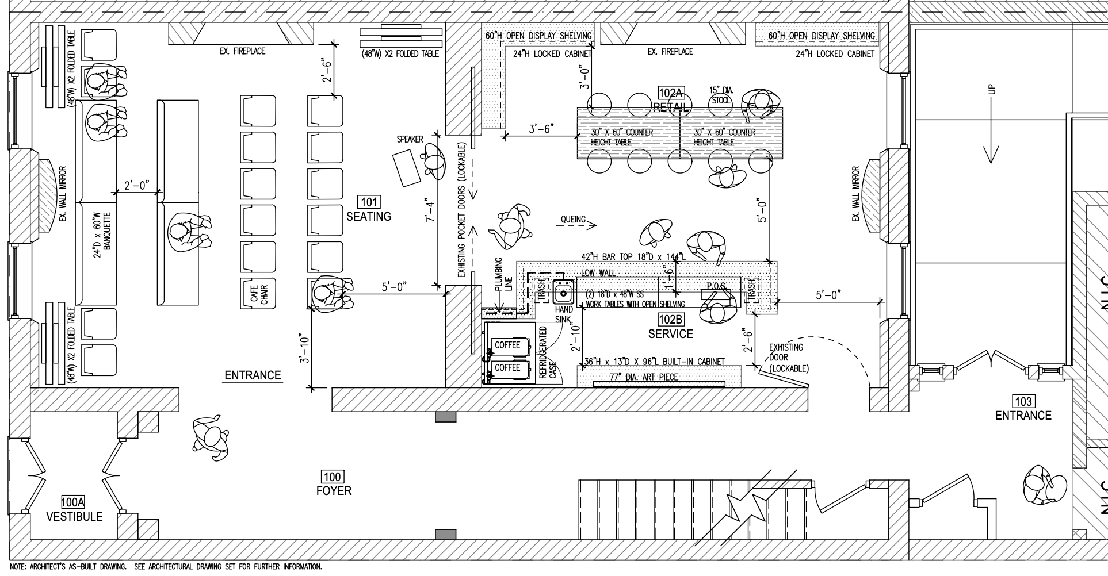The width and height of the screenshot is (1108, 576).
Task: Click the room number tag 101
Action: click(369, 202)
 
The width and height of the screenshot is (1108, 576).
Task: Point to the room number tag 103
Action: click(1023, 401)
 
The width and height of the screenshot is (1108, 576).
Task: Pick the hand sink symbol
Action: click(564, 293)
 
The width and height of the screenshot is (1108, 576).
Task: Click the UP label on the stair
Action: click(991, 90)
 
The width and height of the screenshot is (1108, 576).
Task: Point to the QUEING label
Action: click(573, 219)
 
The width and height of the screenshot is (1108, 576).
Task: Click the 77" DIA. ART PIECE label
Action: click(644, 377)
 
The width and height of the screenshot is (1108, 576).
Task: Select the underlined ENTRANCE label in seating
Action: click(253, 375)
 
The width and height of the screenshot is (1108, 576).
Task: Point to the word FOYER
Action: click(334, 490)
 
